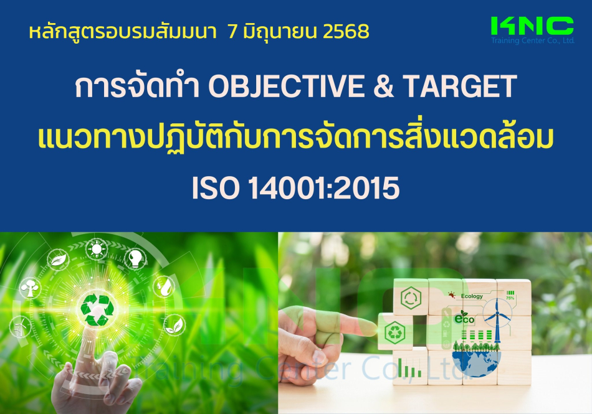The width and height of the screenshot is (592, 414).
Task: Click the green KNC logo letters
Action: tap(532, 26)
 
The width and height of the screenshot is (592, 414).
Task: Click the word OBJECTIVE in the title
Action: tap(286, 87)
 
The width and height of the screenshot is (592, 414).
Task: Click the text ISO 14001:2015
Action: tap(295, 188)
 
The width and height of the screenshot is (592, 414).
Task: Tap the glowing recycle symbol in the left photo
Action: tap(98, 310)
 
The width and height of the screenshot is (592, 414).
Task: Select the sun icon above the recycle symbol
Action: tap(97, 249)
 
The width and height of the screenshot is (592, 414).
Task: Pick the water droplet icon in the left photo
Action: tap(165, 286)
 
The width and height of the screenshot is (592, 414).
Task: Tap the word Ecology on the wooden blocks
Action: tap(472, 296)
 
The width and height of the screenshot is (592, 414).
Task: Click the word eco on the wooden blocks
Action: tap(464, 319)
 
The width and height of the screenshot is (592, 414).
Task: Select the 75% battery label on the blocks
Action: tap(510, 295)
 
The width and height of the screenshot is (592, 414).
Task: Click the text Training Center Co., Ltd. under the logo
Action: tap(533, 40)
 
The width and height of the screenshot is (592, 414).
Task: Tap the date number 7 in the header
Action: tap(232, 32)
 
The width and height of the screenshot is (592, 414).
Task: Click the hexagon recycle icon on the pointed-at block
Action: tap(394, 332)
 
